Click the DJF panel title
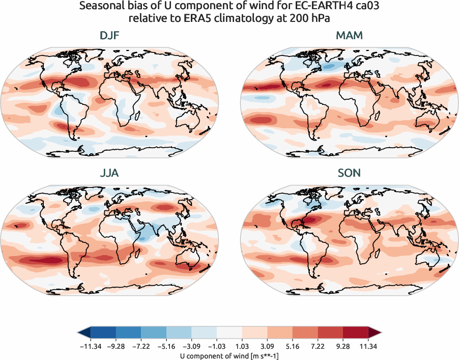click(110, 37)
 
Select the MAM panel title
click(349, 37)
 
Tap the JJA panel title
click(110, 173)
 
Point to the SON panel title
click(349, 173)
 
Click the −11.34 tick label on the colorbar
click(91, 347)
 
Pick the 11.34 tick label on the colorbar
click(368, 347)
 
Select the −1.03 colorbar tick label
click(217, 347)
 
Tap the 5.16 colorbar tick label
click(293, 347)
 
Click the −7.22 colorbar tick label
click(141, 347)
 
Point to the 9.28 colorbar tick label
click(343, 347)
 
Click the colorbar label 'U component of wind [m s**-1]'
click(230, 356)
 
